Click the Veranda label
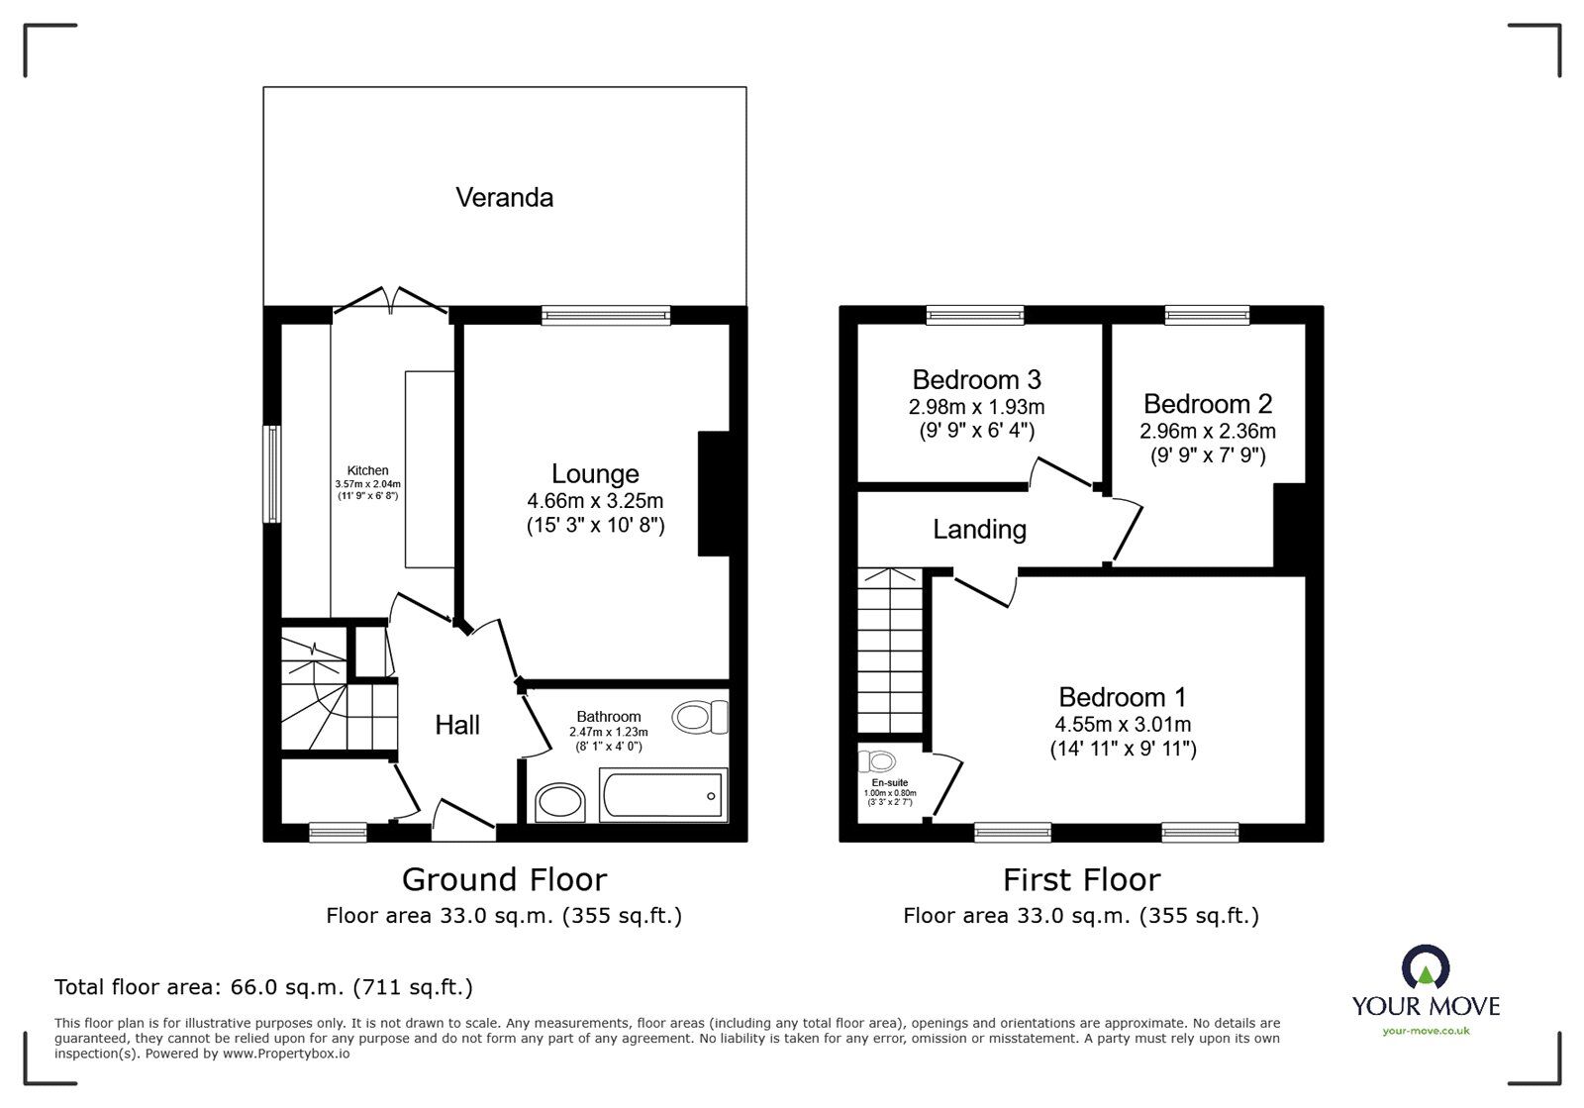(x=504, y=198)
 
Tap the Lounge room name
(x=595, y=474)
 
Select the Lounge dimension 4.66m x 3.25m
(x=595, y=501)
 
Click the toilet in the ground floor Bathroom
(x=700, y=717)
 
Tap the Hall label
(x=457, y=726)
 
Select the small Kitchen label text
(x=367, y=470)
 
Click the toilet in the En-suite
(x=878, y=761)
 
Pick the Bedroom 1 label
(x=1123, y=698)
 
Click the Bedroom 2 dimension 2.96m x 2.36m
(x=1207, y=432)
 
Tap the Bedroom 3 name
(x=976, y=380)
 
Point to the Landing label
(x=979, y=530)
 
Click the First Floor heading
(x=1081, y=879)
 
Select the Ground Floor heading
(x=504, y=879)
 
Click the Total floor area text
(x=263, y=987)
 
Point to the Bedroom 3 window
(x=975, y=315)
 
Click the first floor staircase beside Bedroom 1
(x=891, y=654)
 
